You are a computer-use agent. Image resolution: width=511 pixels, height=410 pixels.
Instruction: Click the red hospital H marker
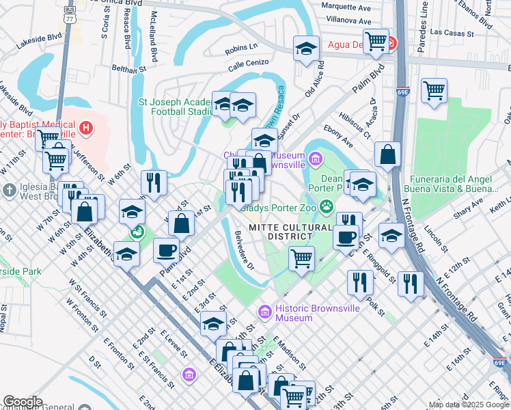(85, 127)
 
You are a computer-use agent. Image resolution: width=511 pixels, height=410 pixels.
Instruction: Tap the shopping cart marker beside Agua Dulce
(376, 42)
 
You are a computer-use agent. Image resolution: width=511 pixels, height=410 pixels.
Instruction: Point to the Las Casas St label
(454, 33)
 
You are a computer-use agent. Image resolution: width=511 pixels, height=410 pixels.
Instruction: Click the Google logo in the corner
(23, 402)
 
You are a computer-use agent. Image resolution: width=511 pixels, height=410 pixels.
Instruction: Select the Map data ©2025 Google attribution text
(469, 405)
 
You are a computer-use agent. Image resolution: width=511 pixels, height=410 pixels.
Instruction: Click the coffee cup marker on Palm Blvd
(166, 251)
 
